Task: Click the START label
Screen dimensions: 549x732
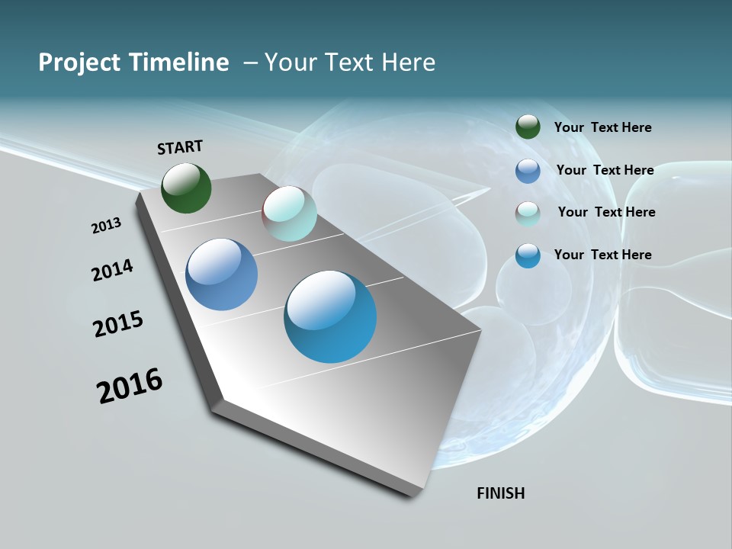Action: [x=180, y=147]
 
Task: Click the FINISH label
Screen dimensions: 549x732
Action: [x=500, y=493]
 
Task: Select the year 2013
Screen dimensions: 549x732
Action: [x=106, y=226]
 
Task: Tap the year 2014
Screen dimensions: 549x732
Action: [x=112, y=271]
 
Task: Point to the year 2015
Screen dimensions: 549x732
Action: [x=118, y=324]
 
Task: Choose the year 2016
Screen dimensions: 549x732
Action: [x=130, y=386]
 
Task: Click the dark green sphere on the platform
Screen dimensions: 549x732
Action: [x=186, y=188]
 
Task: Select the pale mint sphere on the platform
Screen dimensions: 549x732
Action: [x=289, y=213]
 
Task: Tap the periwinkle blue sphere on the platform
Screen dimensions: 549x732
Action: [x=221, y=274]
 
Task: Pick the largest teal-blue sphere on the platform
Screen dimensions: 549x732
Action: [x=330, y=316]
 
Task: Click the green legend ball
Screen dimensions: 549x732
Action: [x=528, y=127]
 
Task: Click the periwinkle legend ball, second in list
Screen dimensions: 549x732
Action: [x=528, y=171]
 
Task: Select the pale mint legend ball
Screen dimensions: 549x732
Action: [x=528, y=213]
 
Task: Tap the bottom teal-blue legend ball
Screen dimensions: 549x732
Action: [x=528, y=255]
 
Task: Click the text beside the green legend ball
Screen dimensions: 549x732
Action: [x=602, y=128]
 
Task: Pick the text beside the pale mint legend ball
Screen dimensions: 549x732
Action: [x=606, y=212]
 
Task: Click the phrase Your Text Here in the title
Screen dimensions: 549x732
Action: [x=350, y=63]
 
